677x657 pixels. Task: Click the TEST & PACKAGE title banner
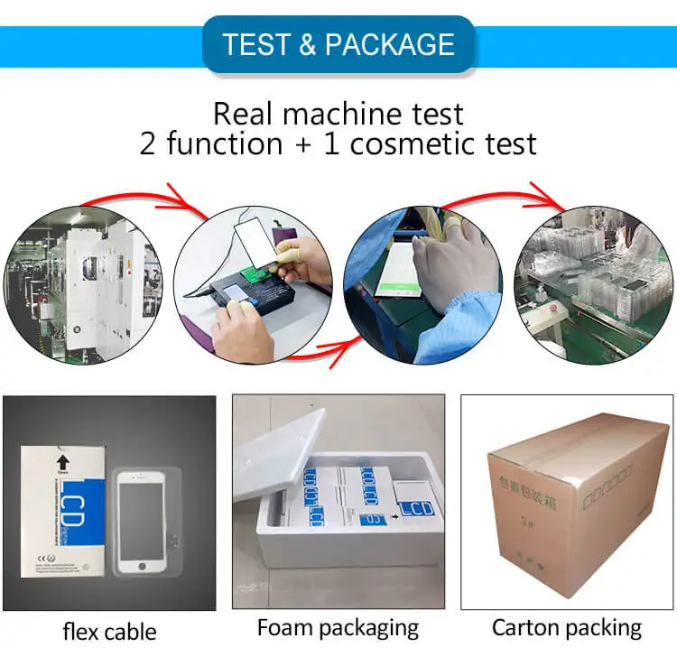(338, 43)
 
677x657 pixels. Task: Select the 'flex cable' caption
(109, 631)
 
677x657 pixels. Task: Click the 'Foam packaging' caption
(338, 627)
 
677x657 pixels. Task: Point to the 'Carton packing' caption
(566, 627)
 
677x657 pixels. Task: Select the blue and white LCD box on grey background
(64, 511)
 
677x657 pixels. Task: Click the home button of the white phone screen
(142, 566)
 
